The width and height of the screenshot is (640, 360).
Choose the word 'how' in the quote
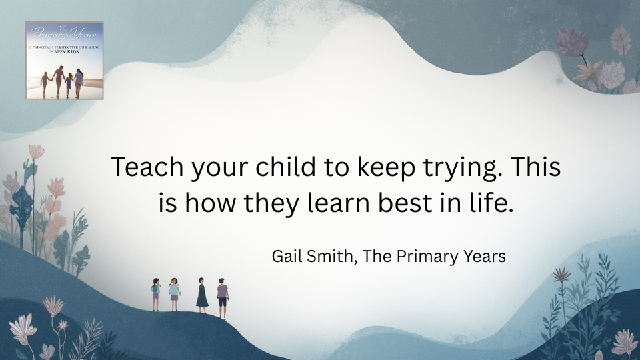point(208,203)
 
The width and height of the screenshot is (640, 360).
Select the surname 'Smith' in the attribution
point(331,256)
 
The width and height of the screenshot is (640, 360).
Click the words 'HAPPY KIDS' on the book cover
point(64,52)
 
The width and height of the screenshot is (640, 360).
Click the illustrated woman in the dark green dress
point(202,294)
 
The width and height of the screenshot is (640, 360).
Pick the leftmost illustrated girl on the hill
point(156,294)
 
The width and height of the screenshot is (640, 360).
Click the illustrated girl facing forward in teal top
point(174,294)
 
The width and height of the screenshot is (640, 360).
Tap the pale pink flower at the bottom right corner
point(624,342)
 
